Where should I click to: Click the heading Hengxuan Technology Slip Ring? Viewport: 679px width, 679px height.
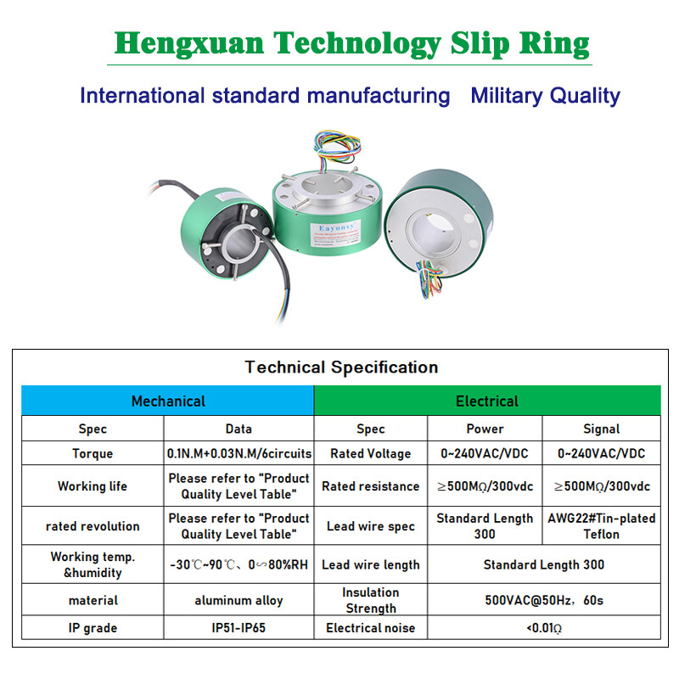coord(351,43)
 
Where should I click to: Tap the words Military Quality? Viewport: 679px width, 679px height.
coord(545,96)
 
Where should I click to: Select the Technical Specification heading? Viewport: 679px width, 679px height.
coord(341,368)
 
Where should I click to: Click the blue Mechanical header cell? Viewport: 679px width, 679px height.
coord(168,401)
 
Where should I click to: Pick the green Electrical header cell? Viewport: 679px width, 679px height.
coord(486,401)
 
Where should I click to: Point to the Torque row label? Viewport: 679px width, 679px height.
coord(93,453)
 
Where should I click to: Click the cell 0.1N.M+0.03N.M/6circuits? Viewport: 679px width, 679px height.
coord(239,453)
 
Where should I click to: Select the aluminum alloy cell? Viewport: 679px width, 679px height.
coord(239,600)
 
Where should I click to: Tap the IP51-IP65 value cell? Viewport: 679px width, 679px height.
coord(239,628)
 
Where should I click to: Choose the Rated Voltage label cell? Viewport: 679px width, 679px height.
coord(371,453)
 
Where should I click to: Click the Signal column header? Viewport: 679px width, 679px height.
coord(601,429)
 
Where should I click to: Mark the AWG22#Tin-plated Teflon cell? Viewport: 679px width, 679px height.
coord(601,526)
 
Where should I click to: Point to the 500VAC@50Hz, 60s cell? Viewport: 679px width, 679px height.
coord(543,600)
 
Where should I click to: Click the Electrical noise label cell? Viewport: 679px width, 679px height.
coord(371,628)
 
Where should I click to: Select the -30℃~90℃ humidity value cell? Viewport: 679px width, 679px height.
coord(239,564)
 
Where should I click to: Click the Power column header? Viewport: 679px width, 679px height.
coord(485,429)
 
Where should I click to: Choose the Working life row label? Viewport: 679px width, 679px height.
coord(93,486)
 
